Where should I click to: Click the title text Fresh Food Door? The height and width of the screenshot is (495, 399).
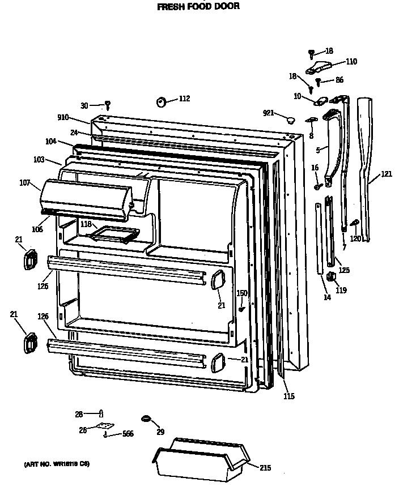pyautogui.click(x=198, y=7)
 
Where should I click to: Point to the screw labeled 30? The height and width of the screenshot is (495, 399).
pyautogui.click(x=107, y=105)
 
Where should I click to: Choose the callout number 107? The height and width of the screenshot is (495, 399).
pyautogui.click(x=24, y=183)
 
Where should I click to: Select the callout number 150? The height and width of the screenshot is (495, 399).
pyautogui.click(x=242, y=293)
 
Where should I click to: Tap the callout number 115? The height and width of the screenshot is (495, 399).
pyautogui.click(x=289, y=396)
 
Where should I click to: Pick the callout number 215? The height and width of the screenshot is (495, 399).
pyautogui.click(x=265, y=468)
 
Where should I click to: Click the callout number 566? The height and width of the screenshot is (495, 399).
pyautogui.click(x=128, y=434)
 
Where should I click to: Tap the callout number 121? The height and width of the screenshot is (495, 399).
pyautogui.click(x=385, y=174)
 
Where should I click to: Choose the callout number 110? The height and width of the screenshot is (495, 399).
pyautogui.click(x=351, y=62)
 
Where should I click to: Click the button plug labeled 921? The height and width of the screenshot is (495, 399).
pyautogui.click(x=291, y=119)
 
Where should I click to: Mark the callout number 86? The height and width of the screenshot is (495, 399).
pyautogui.click(x=339, y=80)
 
